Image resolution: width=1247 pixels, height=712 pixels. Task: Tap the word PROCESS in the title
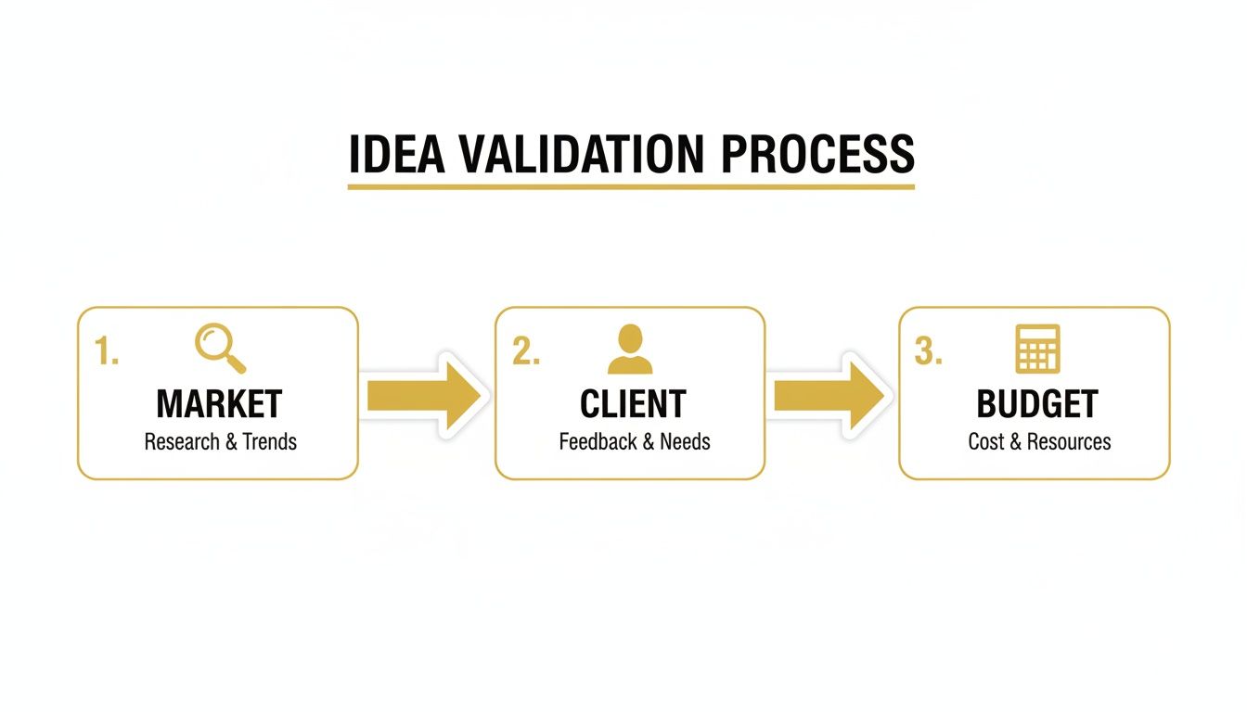tap(817, 155)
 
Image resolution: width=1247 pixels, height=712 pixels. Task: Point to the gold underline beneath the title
tap(631, 186)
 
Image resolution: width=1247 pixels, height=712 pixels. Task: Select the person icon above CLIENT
tap(630, 349)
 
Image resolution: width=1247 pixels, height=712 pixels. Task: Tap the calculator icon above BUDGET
tap(1037, 349)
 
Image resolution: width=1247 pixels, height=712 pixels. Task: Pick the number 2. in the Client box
tap(526, 352)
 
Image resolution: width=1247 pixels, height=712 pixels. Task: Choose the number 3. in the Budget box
tap(929, 352)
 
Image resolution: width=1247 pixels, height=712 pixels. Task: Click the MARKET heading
tap(219, 404)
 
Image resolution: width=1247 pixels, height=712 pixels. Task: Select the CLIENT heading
tap(633, 404)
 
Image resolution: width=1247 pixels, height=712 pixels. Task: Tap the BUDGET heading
tap(1037, 404)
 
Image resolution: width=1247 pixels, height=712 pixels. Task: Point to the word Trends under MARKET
tap(270, 441)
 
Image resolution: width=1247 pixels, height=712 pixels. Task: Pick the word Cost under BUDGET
tap(986, 441)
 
